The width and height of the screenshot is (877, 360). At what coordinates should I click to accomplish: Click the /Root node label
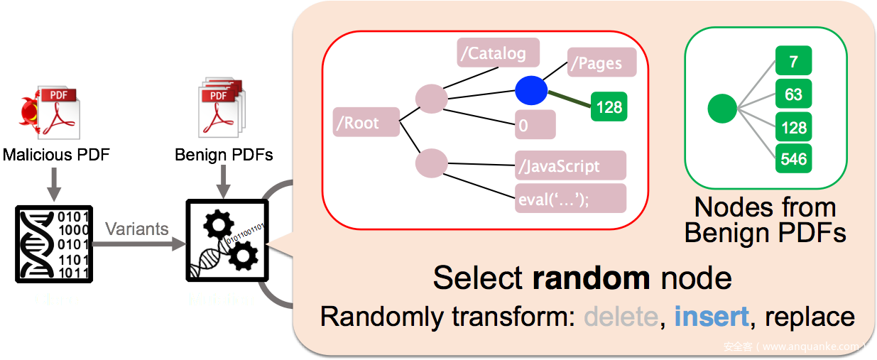click(366, 122)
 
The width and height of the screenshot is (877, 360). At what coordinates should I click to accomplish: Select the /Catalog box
click(498, 53)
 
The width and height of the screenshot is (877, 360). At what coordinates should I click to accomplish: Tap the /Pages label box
click(601, 62)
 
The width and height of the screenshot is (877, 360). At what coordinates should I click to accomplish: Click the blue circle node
click(531, 91)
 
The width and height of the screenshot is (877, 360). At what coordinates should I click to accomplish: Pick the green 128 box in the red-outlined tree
click(609, 107)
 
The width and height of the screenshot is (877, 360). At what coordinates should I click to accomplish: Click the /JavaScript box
click(571, 165)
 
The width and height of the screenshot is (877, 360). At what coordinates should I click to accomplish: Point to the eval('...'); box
click(571, 198)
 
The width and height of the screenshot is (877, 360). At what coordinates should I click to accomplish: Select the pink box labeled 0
click(535, 125)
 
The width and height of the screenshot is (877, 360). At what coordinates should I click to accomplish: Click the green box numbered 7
click(793, 62)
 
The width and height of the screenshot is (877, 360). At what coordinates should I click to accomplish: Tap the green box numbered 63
click(793, 94)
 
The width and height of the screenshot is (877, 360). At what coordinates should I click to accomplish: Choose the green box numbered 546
click(793, 159)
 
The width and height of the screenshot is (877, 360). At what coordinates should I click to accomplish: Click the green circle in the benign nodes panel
click(723, 109)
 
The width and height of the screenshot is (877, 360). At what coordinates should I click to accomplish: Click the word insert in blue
click(712, 316)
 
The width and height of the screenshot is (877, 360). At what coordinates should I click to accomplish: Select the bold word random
click(592, 278)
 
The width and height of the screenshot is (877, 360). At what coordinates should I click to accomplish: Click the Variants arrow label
click(137, 229)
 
